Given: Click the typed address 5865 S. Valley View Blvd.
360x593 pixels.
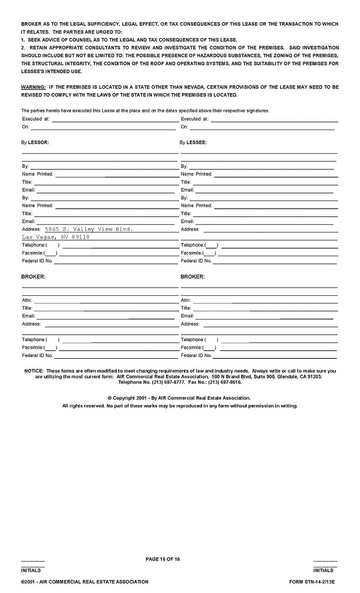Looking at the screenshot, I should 89,228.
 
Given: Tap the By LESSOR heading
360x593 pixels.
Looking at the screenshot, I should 35,143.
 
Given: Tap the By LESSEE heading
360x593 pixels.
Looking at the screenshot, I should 193,143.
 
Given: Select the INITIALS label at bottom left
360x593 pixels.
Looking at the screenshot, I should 30,570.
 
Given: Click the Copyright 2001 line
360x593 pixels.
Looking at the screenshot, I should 179,398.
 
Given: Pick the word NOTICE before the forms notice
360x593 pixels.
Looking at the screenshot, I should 34,371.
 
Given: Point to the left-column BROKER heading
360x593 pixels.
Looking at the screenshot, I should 33,276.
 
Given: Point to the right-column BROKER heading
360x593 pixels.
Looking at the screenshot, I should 192,276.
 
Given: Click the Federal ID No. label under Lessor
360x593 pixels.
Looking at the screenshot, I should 37,261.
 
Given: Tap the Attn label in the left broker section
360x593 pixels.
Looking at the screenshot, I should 27,301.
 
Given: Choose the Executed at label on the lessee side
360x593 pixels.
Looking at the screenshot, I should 195,119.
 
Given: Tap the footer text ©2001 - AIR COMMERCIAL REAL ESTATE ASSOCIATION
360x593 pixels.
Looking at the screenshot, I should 85,582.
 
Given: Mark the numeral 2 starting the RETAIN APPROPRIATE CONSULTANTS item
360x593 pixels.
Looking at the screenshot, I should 23,47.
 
